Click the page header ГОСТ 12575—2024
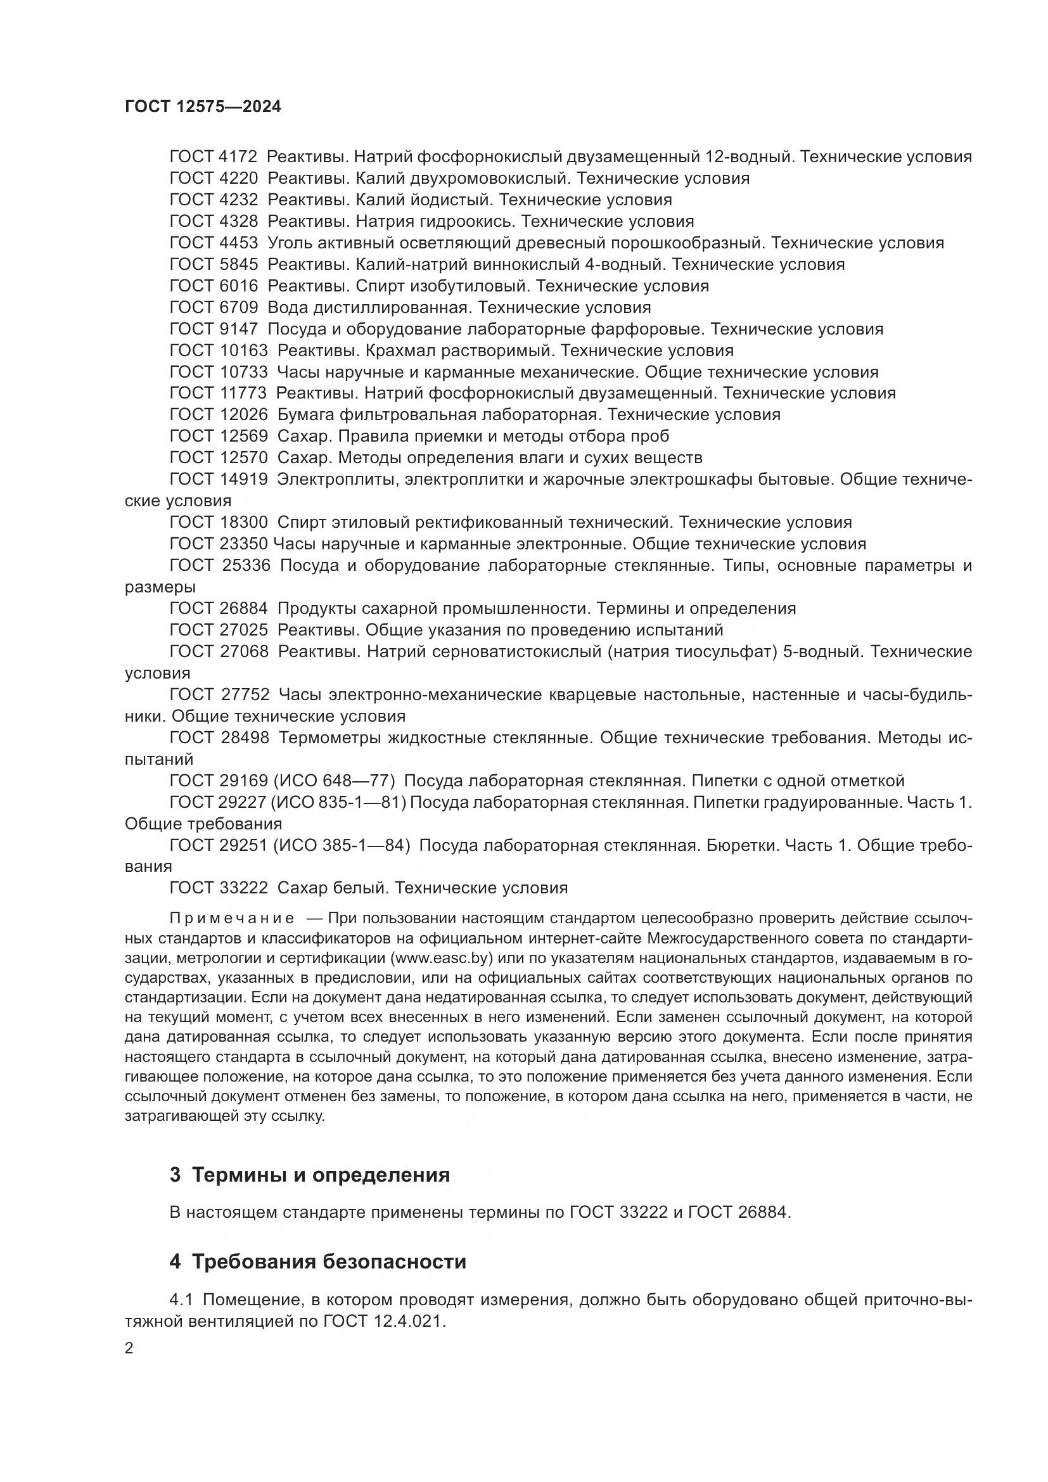tap(203, 107)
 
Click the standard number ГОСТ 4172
tap(214, 157)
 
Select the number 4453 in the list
tap(238, 243)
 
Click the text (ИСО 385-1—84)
tap(342, 846)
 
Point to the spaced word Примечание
tap(232, 919)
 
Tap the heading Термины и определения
tap(321, 1175)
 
